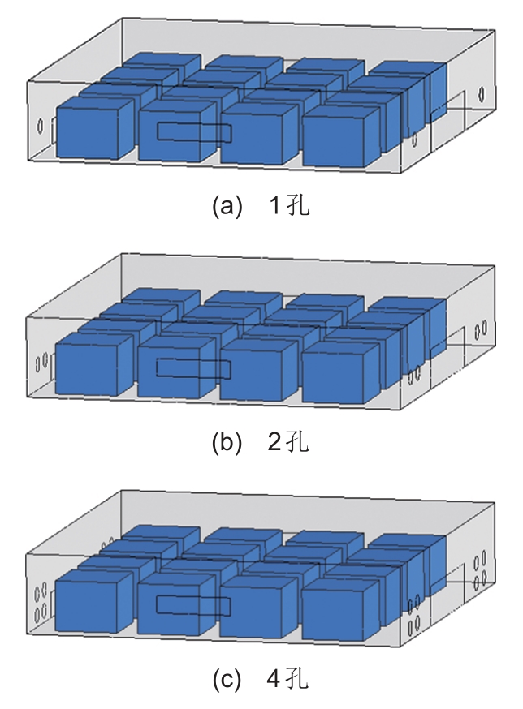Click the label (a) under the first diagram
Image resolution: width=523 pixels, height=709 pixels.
[x=227, y=207]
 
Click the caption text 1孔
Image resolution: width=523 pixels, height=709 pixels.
[x=289, y=206]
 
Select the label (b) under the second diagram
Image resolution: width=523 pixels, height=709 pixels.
[x=227, y=442]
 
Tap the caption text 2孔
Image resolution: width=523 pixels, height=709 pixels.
[x=288, y=441]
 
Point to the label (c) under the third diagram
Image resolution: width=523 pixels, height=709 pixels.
[x=227, y=679]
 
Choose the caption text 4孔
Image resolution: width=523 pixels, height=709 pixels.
[x=288, y=679]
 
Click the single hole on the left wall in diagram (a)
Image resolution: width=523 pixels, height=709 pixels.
[x=40, y=126]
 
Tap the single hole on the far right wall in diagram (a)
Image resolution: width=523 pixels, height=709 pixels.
[x=481, y=93]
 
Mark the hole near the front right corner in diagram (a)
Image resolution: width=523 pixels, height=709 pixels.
[x=415, y=140]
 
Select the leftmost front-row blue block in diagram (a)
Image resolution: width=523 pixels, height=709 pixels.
[x=95, y=127]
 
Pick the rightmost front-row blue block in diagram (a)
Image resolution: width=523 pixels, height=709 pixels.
[x=341, y=136]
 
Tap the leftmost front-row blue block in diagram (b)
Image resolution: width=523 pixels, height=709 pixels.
[x=94, y=364]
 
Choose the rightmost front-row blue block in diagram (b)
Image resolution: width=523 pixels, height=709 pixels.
[x=340, y=372]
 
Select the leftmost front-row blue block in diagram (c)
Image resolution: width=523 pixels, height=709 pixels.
[x=94, y=601]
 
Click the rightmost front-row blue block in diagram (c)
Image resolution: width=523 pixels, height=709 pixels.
[x=340, y=609]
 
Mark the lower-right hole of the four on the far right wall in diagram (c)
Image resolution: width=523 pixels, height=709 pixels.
[x=483, y=578]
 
